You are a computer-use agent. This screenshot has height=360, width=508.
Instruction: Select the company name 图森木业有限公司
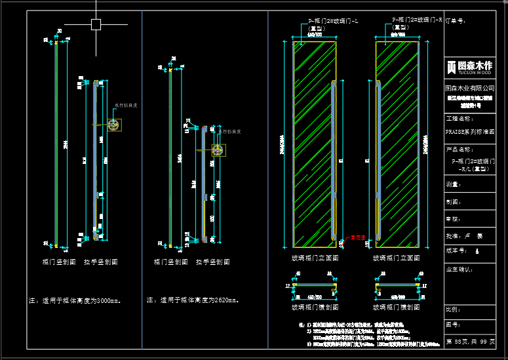(469, 87)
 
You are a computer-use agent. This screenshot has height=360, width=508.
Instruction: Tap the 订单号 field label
(455, 21)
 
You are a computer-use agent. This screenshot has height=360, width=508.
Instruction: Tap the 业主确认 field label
(459, 269)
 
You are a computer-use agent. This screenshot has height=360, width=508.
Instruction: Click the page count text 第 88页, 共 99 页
(469, 342)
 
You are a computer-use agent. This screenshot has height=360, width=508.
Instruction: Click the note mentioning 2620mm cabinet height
(193, 300)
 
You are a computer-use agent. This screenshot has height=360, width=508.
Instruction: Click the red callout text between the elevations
(356, 237)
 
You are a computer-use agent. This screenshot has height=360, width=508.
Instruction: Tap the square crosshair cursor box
(96, 25)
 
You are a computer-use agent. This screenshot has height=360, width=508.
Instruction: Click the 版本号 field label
(455, 250)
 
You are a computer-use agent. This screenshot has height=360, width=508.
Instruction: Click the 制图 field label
(452, 202)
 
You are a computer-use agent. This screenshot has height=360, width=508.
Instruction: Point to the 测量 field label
(452, 185)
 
